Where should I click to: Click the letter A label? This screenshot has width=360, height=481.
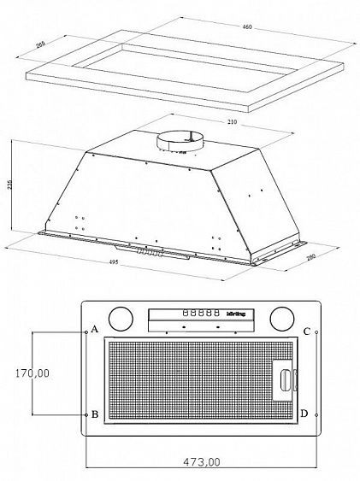click(95, 330)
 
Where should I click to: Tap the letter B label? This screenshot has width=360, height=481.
click(95, 414)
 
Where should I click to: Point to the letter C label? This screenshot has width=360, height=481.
click(306, 331)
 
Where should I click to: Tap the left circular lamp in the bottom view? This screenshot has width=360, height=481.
click(122, 320)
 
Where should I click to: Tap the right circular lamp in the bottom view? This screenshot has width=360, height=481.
click(280, 320)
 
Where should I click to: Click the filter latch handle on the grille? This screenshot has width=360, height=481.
click(283, 379)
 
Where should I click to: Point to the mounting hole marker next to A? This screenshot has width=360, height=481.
click(86, 331)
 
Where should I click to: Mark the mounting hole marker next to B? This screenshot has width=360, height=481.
click(86, 414)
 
